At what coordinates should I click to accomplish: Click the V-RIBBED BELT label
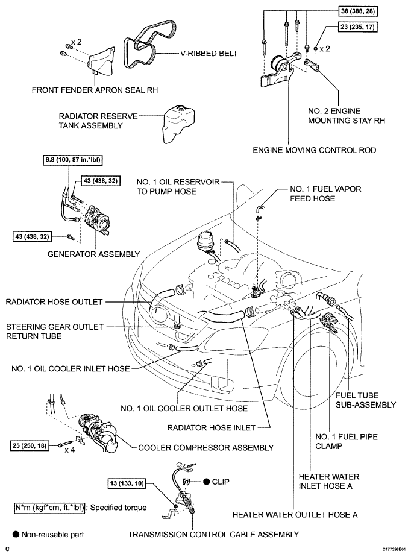point(209,54)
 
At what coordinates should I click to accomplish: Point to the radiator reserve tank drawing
point(179,124)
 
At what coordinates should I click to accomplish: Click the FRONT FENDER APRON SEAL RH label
point(95,90)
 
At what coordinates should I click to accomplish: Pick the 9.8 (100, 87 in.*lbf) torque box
point(73,160)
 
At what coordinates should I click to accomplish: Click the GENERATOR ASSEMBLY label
point(93,254)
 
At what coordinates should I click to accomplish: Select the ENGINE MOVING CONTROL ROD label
point(315,150)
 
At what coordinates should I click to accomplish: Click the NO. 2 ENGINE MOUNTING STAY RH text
point(347,116)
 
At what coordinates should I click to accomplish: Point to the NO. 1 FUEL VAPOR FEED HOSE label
point(325,194)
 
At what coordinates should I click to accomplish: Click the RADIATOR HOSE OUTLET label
point(54,302)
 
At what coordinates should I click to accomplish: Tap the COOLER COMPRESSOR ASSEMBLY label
point(205,448)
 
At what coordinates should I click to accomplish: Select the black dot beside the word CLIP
point(206,482)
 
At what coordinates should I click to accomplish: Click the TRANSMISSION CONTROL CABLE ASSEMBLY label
point(213,535)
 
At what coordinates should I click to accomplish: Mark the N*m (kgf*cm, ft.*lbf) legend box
point(49,508)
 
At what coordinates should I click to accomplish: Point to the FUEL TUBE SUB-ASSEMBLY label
point(366,400)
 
